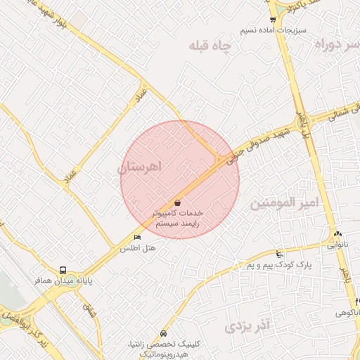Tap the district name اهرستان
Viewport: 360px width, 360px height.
coord(140,167)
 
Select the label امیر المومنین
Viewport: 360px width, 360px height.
coord(285,202)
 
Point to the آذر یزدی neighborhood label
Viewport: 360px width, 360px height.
coord(247,326)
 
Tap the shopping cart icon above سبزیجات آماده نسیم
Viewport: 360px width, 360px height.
coord(273,20)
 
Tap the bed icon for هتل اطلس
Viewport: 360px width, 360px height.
coord(137,237)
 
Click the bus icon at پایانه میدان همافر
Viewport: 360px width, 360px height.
coord(63,269)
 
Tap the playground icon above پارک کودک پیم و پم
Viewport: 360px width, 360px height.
coord(280,254)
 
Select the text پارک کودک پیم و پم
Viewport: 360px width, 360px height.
coord(278,265)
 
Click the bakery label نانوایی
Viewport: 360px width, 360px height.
coord(337,246)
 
